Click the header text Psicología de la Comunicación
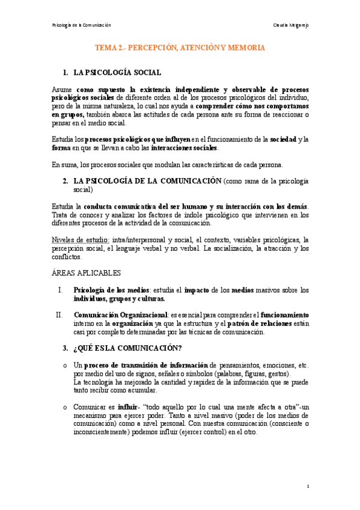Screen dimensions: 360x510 pyautogui.click(x=82, y=25)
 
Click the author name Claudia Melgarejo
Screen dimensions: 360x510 pyautogui.click(x=290, y=25)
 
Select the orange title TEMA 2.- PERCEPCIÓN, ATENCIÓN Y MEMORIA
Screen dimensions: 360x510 pyautogui.click(x=180, y=46)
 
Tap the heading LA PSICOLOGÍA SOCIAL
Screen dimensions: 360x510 pyautogui.click(x=117, y=73)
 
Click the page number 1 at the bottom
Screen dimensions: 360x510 pyautogui.click(x=307, y=486)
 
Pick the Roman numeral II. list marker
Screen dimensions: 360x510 pyautogui.click(x=58, y=315)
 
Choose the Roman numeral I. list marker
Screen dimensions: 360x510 pyautogui.click(x=60, y=290)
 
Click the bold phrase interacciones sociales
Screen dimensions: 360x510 pyautogui.click(x=188, y=149)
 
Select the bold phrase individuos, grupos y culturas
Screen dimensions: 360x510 pyautogui.click(x=118, y=298)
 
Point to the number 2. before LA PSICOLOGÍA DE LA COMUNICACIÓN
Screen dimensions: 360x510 pyautogui.click(x=66, y=180)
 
